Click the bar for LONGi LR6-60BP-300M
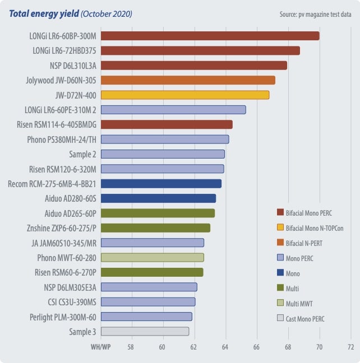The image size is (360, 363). point(210,36)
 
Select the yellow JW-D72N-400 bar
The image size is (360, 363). point(185,95)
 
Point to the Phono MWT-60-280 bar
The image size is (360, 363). point(152,257)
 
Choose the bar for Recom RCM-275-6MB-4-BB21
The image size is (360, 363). point(161,183)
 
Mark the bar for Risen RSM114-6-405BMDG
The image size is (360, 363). point(167,124)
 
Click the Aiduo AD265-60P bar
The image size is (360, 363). point(158,213)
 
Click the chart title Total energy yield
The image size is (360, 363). point(40,13)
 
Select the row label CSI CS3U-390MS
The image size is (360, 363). point(70,302)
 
